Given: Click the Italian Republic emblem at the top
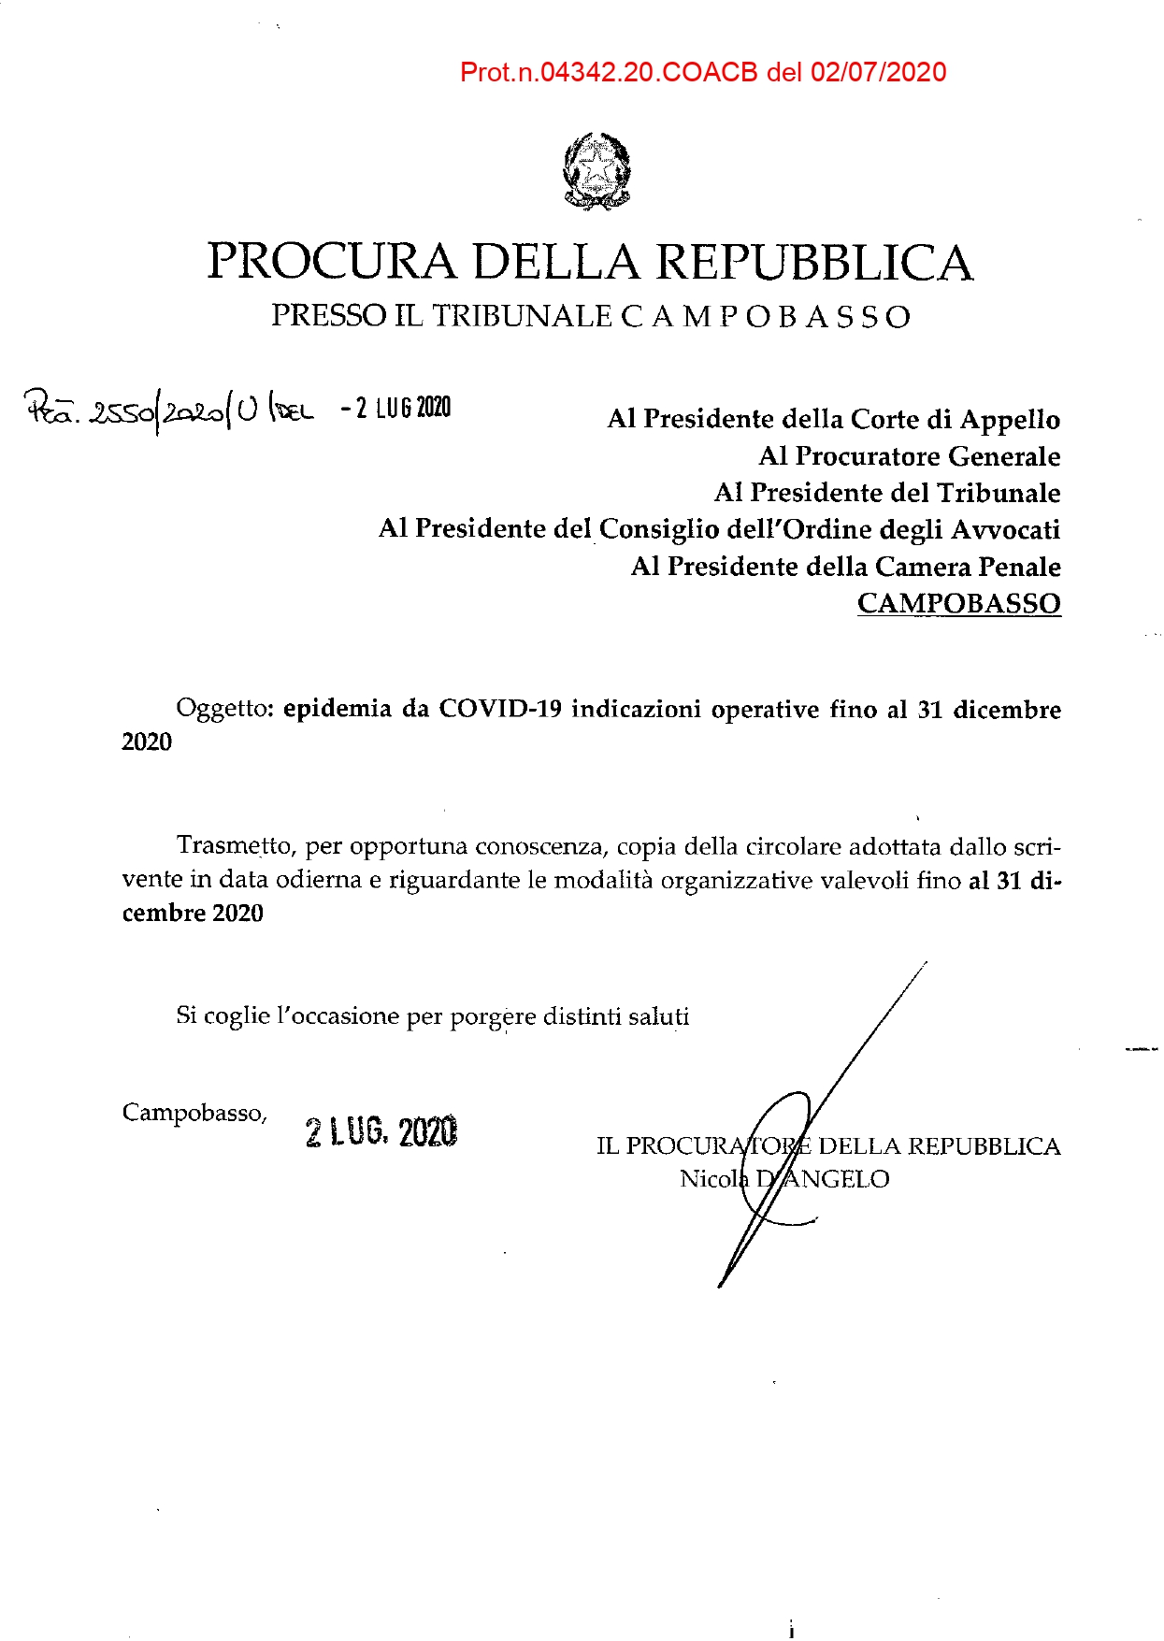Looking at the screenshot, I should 596,171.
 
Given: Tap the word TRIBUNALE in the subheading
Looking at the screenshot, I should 522,316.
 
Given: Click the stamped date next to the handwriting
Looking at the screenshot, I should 396,409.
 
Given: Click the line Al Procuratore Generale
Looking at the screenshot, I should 909,456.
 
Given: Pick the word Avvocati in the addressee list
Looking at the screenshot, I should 1006,530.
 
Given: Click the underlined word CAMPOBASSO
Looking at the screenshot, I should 958,603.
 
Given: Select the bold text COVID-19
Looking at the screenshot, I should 501,709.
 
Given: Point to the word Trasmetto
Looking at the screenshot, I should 237,846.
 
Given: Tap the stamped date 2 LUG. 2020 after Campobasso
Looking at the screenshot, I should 381,1132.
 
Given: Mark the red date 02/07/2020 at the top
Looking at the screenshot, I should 879,73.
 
